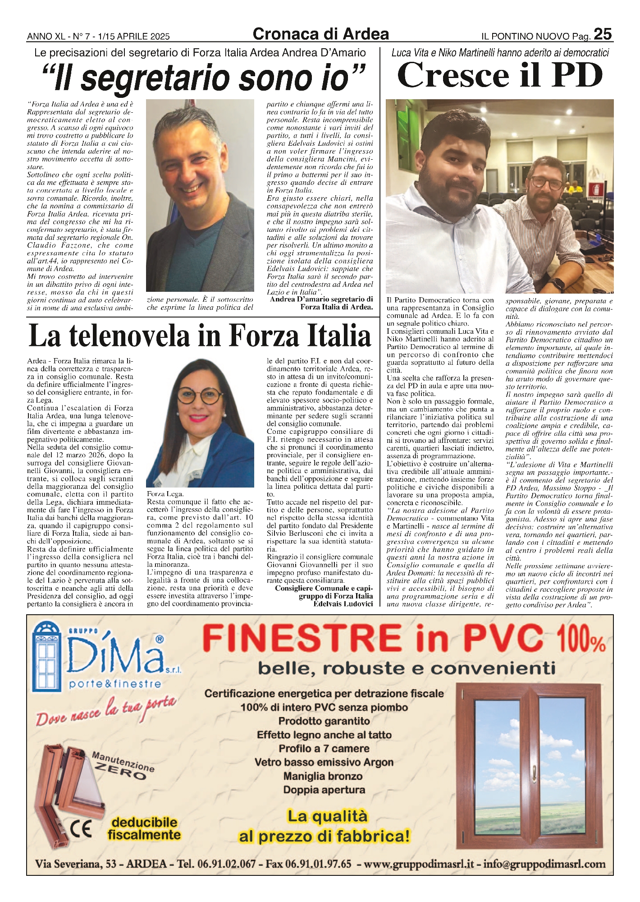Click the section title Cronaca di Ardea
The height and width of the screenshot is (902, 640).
(320, 34)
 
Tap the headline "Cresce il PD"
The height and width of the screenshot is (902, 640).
(500, 76)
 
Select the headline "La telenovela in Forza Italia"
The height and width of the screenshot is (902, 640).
(200, 336)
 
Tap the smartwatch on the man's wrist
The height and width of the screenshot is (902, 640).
(559, 285)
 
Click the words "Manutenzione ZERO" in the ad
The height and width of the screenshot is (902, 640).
(123, 766)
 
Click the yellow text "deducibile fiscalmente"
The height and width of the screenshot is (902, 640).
(144, 829)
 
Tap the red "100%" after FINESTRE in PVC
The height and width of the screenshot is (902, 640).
(581, 641)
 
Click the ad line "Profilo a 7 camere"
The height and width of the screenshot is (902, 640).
(324, 749)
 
